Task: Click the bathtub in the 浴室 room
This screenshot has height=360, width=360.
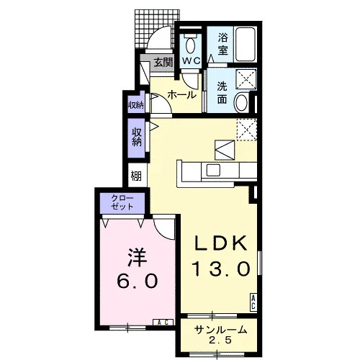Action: click(245, 44)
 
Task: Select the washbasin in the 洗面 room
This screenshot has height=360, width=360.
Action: click(240, 102)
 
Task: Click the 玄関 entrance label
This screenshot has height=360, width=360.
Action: click(163, 63)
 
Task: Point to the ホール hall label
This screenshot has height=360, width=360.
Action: click(182, 95)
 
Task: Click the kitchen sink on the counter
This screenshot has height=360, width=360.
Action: click(213, 170)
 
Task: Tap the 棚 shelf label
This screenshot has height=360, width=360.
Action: click(136, 176)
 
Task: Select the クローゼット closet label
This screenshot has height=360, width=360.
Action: click(122, 202)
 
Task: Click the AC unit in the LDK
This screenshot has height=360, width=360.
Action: click(253, 302)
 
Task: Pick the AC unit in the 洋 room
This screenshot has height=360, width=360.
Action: click(163, 323)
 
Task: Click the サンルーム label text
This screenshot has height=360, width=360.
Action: click(221, 330)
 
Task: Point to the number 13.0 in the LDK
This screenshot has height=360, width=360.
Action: click(222, 269)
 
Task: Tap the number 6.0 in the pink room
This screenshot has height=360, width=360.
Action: click(138, 281)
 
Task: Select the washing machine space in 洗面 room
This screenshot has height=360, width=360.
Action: click(246, 78)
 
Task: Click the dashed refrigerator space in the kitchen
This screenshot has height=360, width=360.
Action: click(247, 130)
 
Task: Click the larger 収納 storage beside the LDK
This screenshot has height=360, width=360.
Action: click(137, 138)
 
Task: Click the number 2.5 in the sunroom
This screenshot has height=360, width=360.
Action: click(221, 340)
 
